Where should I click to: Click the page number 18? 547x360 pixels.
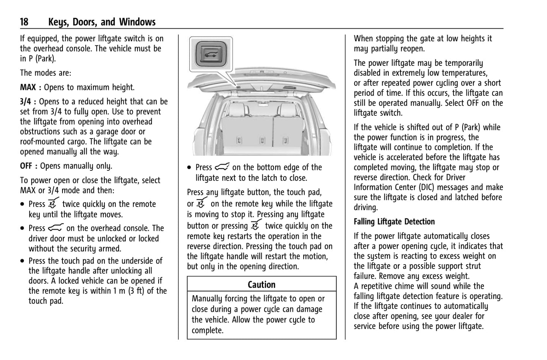(x=24, y=22)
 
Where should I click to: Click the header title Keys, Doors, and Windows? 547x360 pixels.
(x=102, y=22)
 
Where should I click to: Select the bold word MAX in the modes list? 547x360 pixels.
(x=28, y=87)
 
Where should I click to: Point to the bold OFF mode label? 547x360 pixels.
(x=28, y=166)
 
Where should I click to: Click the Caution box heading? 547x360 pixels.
(x=262, y=285)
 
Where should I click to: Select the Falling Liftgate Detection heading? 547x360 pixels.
(x=394, y=222)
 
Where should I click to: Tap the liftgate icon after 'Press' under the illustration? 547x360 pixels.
(x=222, y=167)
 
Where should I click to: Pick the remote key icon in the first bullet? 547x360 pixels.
(x=53, y=203)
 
